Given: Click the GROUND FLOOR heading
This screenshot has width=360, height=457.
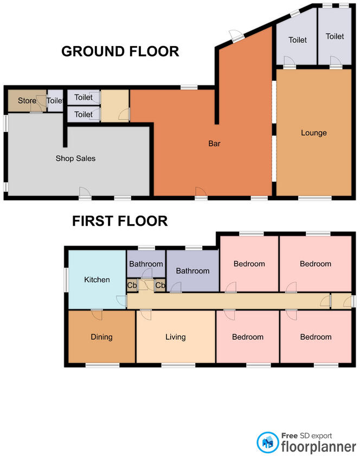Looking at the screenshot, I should pyautogui.click(x=120, y=52).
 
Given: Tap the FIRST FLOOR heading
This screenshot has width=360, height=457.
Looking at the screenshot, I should pyautogui.click(x=120, y=221).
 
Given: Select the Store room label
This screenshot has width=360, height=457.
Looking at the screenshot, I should pyautogui.click(x=27, y=101).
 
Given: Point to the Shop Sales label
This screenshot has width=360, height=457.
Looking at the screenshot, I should pyautogui.click(x=75, y=158).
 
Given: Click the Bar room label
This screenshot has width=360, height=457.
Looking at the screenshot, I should pyautogui.click(x=214, y=144).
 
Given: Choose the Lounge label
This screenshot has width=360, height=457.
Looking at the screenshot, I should pyautogui.click(x=314, y=133).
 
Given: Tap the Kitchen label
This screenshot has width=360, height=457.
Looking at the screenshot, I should pyautogui.click(x=97, y=280).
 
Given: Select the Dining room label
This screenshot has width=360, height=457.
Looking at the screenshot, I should pyautogui.click(x=101, y=337).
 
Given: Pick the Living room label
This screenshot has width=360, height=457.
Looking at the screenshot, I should pyautogui.click(x=175, y=337).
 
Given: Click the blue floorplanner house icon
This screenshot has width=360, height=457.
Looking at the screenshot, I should pyautogui.click(x=267, y=441).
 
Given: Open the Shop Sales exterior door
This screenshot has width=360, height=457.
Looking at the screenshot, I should pyautogui.click(x=85, y=193).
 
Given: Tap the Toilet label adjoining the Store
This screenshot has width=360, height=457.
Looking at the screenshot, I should pyautogui.click(x=55, y=101).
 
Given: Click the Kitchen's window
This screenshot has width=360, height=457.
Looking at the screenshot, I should pyautogui.click(x=66, y=280).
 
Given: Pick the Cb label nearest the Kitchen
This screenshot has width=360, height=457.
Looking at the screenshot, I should pyautogui.click(x=132, y=285).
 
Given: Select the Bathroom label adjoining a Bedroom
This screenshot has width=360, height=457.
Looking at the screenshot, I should pyautogui.click(x=192, y=271).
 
